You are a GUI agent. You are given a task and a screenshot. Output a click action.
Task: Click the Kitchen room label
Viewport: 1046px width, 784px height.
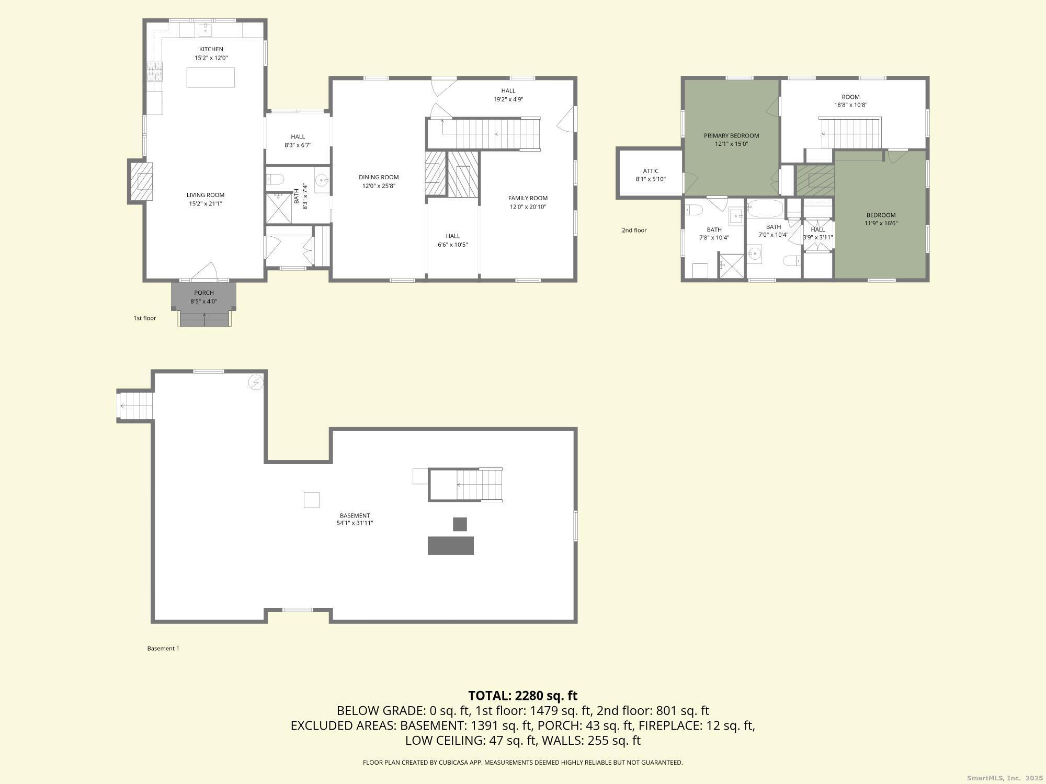tap(211, 49)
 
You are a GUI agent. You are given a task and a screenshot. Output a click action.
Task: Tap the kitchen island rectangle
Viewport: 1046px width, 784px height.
tap(211, 77)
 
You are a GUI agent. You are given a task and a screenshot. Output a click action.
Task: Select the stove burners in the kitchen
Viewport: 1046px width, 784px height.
tap(154, 72)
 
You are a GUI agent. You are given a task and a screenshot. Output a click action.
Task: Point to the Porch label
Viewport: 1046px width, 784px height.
tap(203, 293)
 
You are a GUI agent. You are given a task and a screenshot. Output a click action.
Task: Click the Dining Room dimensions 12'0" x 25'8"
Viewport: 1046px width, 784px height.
tap(379, 186)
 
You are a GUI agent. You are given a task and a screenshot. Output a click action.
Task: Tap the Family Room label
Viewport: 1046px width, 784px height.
tap(528, 198)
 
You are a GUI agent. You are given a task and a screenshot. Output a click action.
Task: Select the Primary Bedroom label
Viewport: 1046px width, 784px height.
tap(731, 135)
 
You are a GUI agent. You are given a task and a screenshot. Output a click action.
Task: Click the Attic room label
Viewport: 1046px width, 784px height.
tap(651, 171)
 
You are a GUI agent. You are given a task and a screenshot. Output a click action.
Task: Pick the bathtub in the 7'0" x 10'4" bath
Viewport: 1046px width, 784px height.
tap(765, 209)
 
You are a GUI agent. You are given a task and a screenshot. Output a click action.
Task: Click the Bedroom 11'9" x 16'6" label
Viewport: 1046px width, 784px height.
tap(881, 215)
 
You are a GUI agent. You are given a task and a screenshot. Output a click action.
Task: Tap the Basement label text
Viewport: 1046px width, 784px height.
tap(355, 515)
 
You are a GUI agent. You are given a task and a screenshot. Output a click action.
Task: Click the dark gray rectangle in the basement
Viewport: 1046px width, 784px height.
tap(450, 545)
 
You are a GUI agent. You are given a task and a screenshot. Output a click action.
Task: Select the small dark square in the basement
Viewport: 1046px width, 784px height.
tap(460, 524)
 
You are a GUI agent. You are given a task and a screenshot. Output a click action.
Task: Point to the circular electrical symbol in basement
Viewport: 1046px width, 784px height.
tap(256, 383)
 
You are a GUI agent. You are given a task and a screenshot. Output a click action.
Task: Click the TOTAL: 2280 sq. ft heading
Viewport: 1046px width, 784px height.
tap(522, 696)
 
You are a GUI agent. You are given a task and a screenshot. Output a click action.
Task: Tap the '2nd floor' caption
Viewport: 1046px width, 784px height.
tap(634, 230)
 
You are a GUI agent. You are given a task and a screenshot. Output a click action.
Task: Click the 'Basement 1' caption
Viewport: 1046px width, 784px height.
tap(163, 648)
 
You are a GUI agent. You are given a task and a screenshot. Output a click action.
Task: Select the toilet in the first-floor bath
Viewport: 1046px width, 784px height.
tap(275, 180)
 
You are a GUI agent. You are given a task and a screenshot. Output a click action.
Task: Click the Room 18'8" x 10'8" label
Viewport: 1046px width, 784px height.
tap(850, 97)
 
